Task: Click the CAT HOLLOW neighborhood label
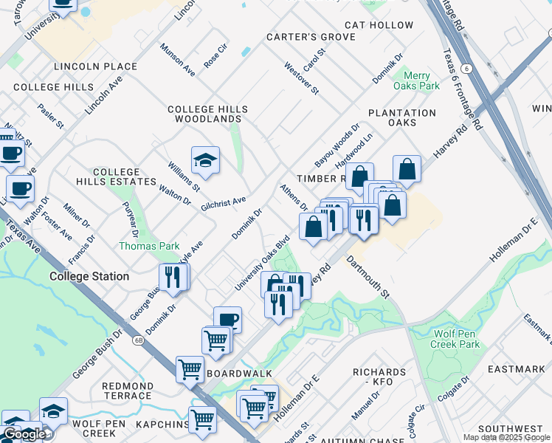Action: pos(379,25)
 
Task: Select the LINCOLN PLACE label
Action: pos(95,66)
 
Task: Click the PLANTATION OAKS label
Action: pos(401,117)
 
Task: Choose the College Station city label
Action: pos(89,276)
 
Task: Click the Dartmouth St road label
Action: pos(367,278)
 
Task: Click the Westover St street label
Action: pos(302,78)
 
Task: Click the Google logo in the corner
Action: pos(24,434)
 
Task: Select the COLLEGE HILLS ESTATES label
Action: pos(116,176)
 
